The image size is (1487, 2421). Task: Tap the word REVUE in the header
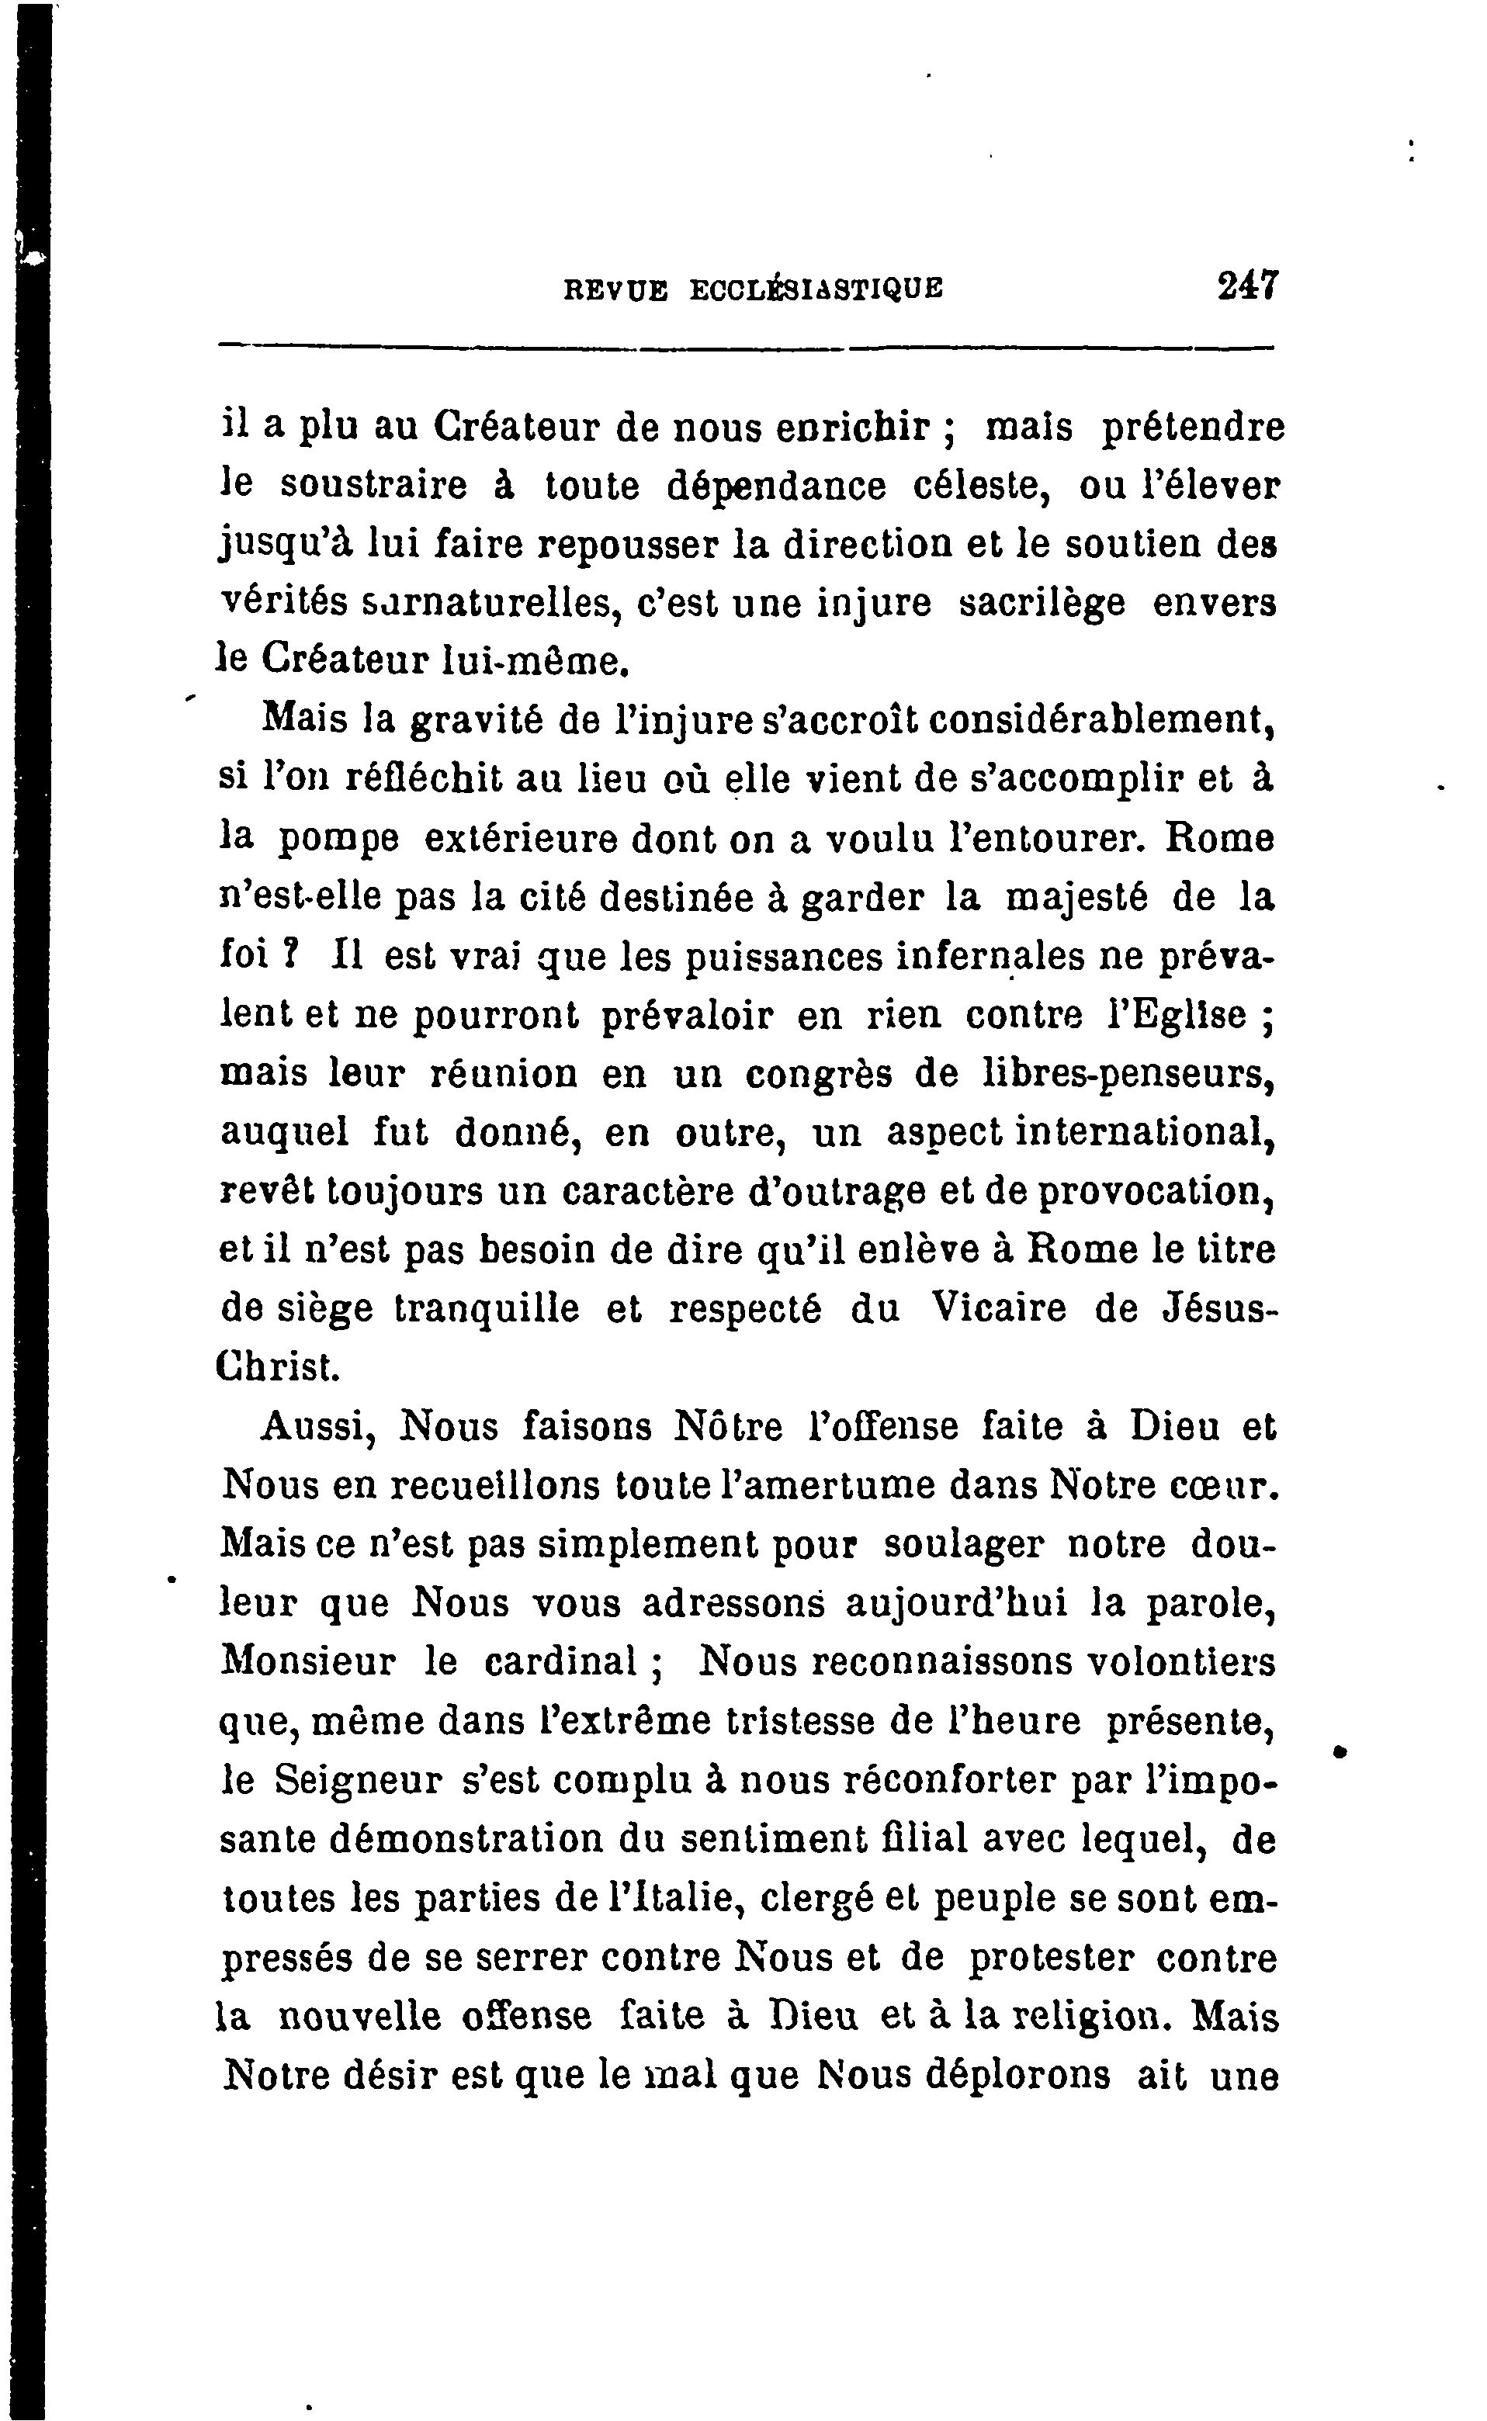[615, 289]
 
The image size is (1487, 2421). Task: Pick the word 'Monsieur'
[309, 1662]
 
